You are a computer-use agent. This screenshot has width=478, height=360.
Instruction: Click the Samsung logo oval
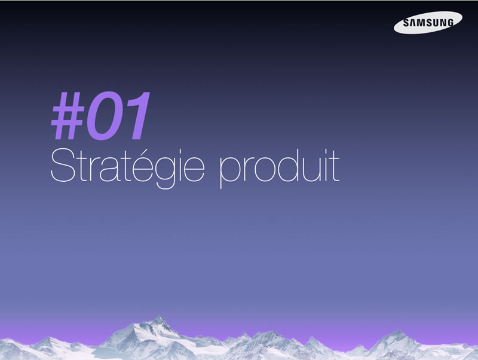tap(428, 22)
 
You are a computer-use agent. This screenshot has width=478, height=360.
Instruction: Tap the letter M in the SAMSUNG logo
tap(421, 23)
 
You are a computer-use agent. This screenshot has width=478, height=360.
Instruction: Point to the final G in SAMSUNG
tap(450, 22)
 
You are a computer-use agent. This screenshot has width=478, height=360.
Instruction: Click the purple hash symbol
tap(68, 115)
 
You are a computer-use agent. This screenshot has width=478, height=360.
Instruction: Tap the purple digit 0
tap(103, 115)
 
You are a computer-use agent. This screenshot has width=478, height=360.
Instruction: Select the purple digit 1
tap(136, 115)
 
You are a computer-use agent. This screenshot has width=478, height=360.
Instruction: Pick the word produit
tap(279, 169)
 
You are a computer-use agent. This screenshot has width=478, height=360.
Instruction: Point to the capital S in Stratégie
tap(63, 165)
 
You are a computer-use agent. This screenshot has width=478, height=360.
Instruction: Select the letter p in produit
tap(231, 173)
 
